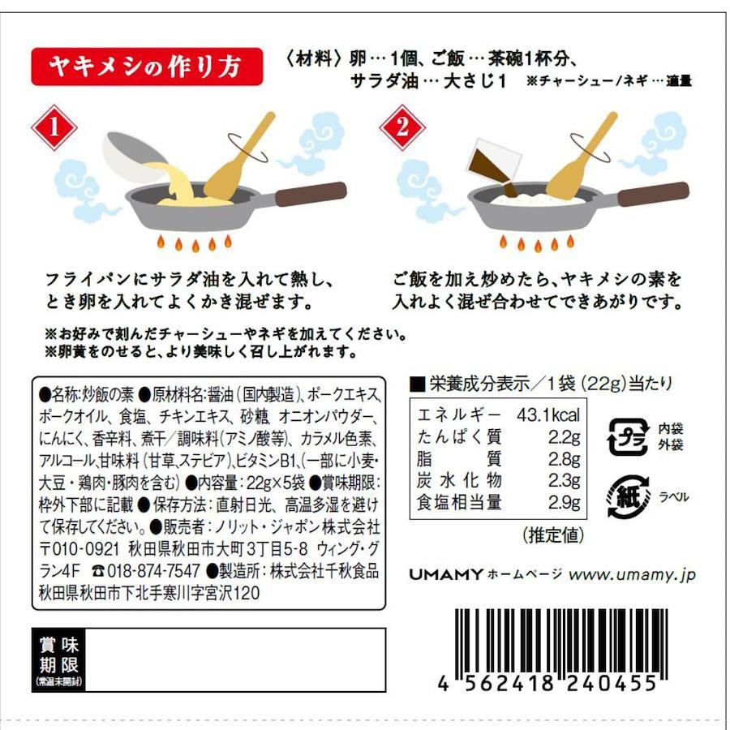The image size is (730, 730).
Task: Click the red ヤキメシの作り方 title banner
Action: [147, 67]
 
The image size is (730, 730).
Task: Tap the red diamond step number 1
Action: [54, 127]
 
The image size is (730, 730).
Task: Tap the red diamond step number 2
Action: [402, 127]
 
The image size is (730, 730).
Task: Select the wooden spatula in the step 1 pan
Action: [238, 158]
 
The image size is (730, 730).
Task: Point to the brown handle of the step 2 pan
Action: [653, 194]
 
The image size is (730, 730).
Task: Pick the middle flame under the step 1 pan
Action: [195, 245]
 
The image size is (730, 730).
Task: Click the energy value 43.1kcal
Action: [548, 414]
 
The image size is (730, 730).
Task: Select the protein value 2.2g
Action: [564, 436]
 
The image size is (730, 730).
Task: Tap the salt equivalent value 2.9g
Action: [564, 503]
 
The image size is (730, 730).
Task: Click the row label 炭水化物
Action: [459, 480]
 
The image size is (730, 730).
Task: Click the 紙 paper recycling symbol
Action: [629, 496]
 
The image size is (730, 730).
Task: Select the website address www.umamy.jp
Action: [632, 575]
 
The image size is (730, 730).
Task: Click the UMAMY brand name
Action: [445, 574]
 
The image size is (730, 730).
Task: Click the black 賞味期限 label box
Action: [58, 660]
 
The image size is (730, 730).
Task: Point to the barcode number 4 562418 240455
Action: [547, 684]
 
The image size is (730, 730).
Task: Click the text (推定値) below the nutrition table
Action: [553, 535]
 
